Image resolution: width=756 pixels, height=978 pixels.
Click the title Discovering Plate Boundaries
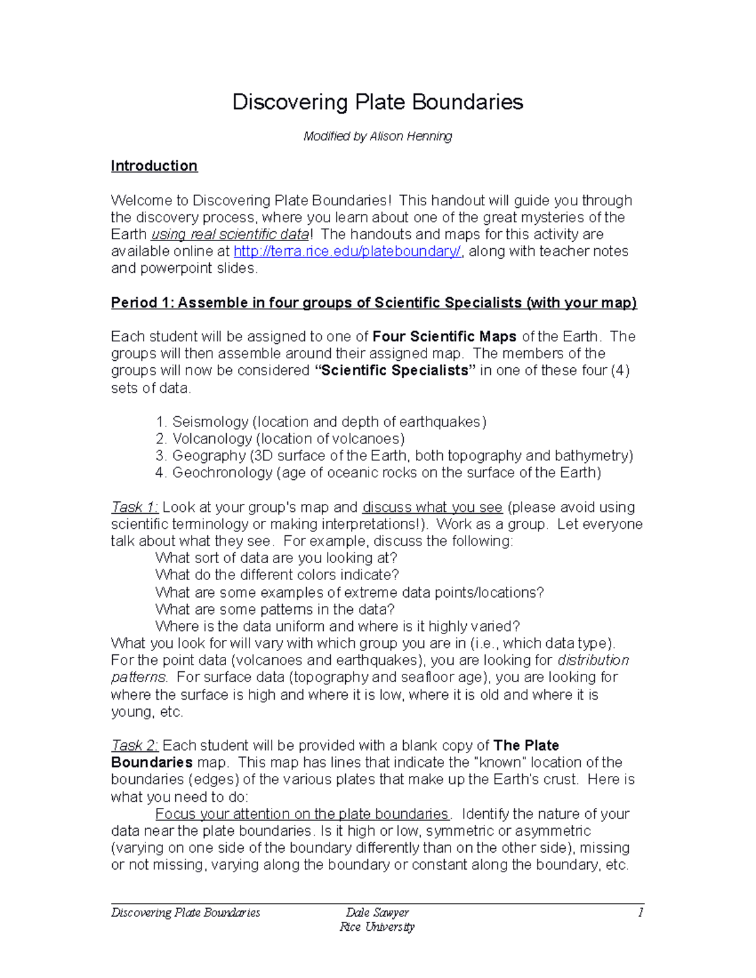pos(377,102)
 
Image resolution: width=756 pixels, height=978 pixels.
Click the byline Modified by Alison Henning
pos(377,136)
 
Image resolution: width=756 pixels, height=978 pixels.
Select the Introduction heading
pos(154,166)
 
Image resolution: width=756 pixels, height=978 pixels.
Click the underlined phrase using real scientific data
pos(230,234)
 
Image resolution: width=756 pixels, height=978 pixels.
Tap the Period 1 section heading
pos(374,303)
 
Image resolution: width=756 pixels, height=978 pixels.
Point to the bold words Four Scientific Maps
pos(445,336)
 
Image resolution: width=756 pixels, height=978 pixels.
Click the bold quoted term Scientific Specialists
pos(395,370)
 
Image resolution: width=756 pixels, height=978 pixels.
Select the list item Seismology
pos(329,422)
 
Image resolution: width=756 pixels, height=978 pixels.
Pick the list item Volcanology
pos(288,439)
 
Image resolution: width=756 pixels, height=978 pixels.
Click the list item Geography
pos(402,456)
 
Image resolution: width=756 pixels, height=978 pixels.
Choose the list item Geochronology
pos(386,473)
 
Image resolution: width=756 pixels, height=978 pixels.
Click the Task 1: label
pos(134,508)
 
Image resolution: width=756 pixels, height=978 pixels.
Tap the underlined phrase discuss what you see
pos(432,508)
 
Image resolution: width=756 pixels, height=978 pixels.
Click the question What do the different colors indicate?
pos(277,575)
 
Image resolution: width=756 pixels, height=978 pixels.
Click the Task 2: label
pos(134,746)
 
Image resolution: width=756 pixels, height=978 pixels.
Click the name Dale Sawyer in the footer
pos(377,913)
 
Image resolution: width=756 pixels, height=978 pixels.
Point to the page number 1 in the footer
pos(640,913)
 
